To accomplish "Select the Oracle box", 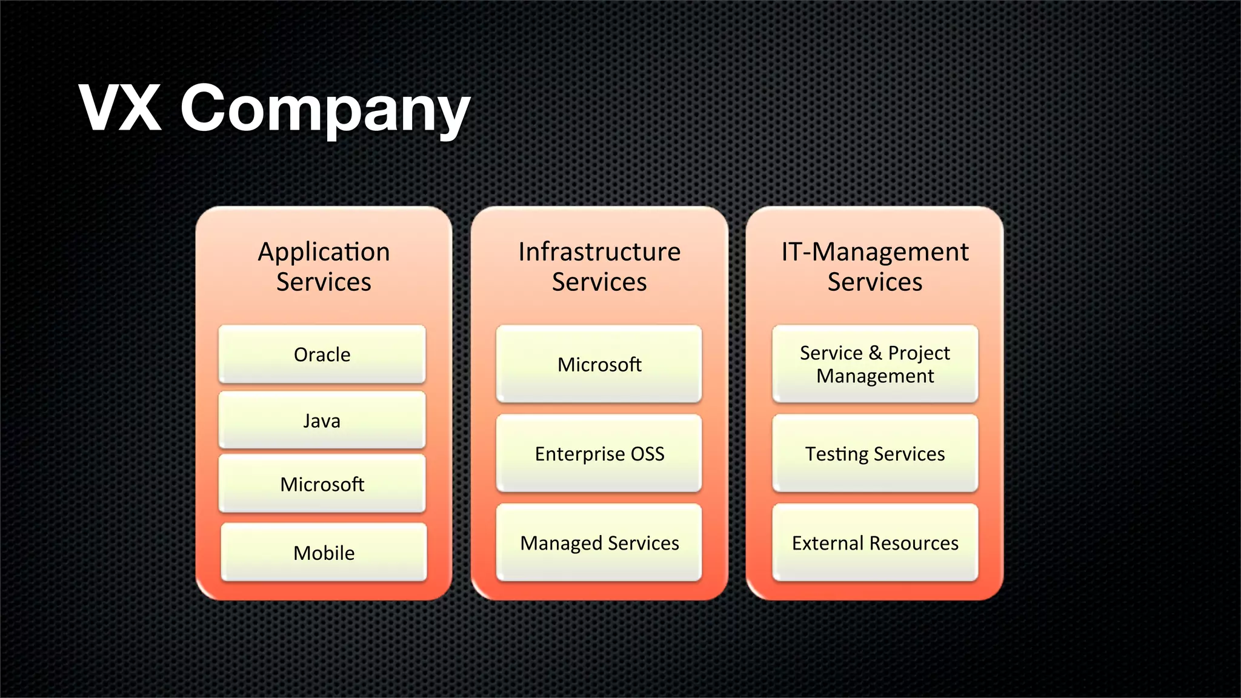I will pos(322,354).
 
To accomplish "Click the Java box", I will pos(322,420).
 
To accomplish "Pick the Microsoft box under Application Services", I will pos(322,484).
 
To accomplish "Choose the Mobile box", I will pos(324,553).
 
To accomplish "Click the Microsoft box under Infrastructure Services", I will pos(599,364).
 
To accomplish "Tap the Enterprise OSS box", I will pos(599,453).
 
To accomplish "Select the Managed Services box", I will pos(599,543).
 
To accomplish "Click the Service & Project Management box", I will pos(875,364).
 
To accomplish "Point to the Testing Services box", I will pos(875,453).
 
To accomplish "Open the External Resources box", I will pos(875,543).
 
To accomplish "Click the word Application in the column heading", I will pos(324,252).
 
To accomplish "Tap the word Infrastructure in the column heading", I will pos(599,252).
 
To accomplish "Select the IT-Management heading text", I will pos(875,252).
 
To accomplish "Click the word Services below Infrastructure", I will pos(599,282).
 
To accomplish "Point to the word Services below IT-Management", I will pos(875,282).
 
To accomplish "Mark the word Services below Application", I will pos(324,282).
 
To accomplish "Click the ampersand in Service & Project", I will pos(875,353).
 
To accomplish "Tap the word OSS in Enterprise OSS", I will pos(648,454).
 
